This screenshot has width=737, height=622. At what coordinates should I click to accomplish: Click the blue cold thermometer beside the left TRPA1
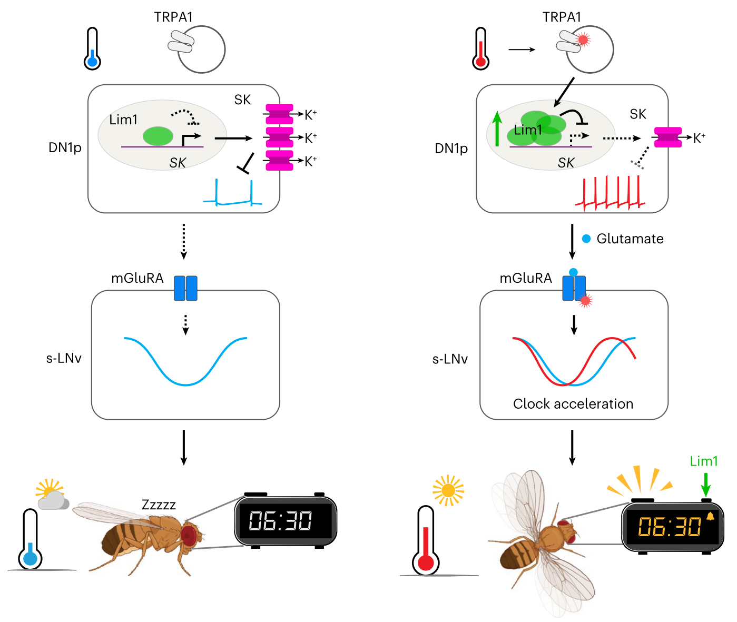[92, 49]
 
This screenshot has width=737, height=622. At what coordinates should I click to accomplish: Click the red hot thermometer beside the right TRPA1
[480, 49]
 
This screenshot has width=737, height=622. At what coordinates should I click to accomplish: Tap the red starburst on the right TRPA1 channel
[583, 40]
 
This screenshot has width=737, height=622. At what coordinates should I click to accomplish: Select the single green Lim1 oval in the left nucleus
[158, 136]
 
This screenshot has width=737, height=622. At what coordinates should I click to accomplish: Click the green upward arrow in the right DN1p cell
[497, 129]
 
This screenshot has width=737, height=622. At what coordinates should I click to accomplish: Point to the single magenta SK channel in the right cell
[667, 137]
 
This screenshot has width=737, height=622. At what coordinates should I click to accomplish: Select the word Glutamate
[630, 239]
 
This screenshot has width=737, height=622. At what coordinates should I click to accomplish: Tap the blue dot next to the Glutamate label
[586, 239]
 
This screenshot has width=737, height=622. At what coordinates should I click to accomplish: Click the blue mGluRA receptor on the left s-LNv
[185, 288]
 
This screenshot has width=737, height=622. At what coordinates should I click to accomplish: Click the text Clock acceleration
[573, 404]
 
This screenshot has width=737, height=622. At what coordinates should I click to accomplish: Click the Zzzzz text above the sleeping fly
[159, 505]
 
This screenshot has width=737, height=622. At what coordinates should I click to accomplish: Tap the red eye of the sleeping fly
[189, 535]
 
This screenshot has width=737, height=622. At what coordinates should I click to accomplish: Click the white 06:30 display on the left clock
[280, 521]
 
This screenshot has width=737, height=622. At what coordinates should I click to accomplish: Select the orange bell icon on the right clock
[710, 516]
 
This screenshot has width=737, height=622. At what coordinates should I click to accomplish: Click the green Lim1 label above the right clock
[704, 461]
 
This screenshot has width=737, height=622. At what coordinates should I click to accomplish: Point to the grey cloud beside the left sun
[54, 501]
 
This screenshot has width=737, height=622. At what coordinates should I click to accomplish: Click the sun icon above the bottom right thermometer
[448, 491]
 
